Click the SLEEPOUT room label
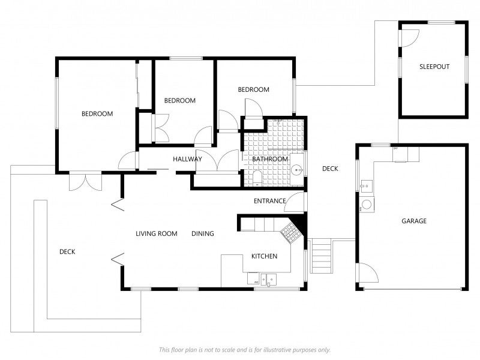click(434, 67)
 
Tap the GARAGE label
click(414, 221)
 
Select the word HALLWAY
click(187, 159)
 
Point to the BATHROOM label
click(269, 159)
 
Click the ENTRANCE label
click(269, 201)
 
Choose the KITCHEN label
click(264, 256)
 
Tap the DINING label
click(203, 233)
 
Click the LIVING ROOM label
click(157, 233)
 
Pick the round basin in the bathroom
click(296, 170)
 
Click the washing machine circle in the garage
click(367, 204)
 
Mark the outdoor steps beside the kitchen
click(321, 257)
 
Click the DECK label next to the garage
click(330, 169)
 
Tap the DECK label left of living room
click(67, 251)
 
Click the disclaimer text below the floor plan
click(245, 350)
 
